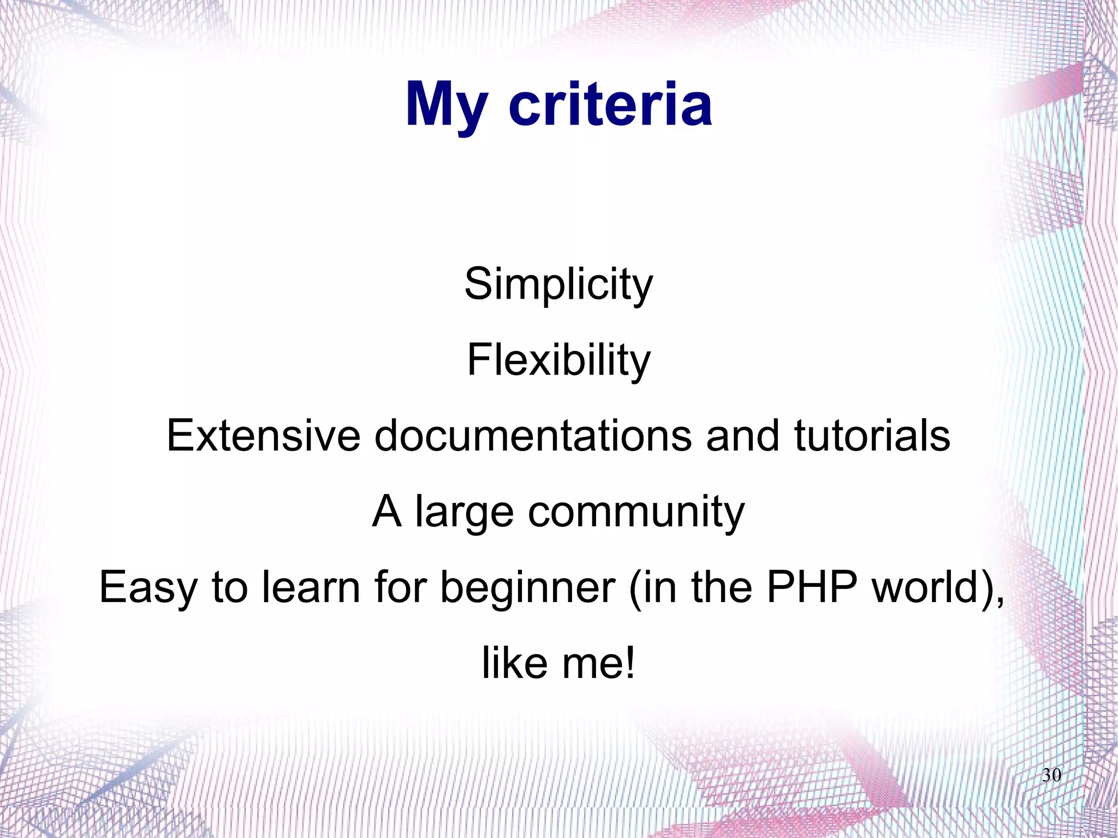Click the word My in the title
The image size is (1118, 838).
[446, 105]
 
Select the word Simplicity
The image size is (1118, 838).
[558, 285]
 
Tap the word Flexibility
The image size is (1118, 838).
[558, 360]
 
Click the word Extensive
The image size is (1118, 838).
[263, 436]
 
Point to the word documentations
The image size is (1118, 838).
[533, 436]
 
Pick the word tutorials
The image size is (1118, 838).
[872, 436]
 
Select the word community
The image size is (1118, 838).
[636, 512]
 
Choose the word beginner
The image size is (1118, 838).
[527, 589]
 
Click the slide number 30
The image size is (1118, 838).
[1051, 775]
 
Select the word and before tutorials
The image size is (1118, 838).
[742, 436]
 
